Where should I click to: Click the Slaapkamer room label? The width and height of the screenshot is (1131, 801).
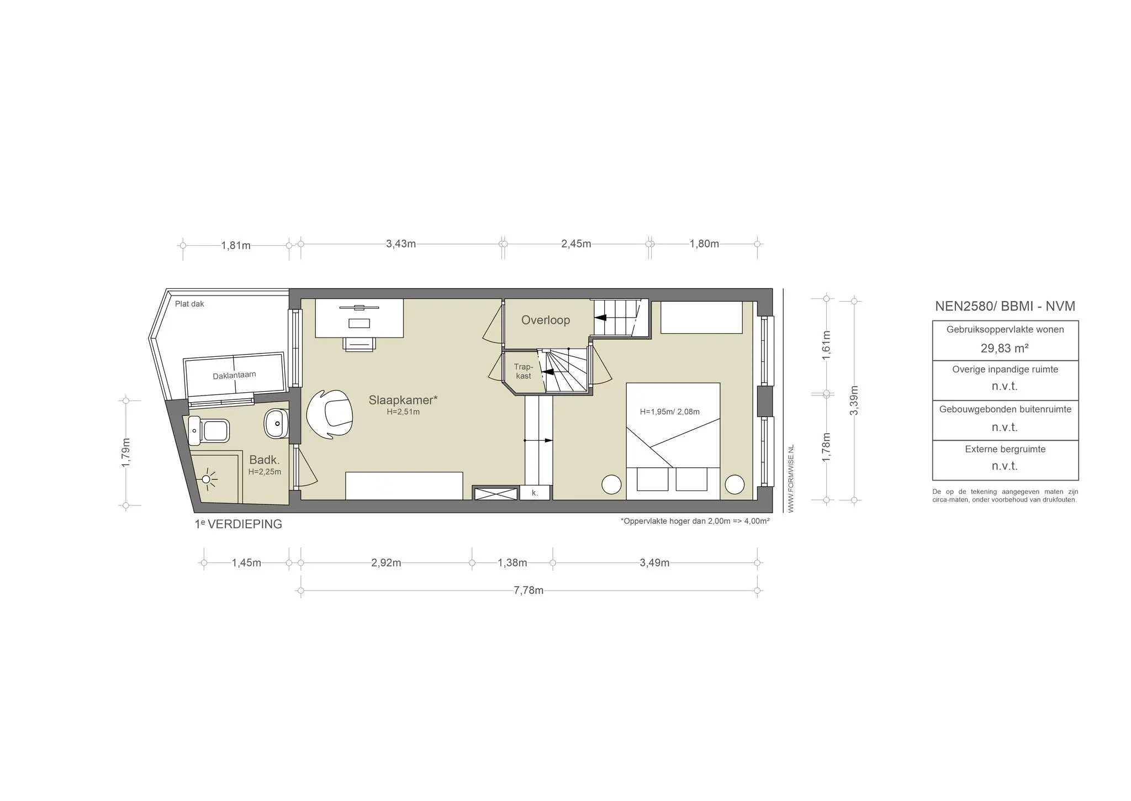(403, 400)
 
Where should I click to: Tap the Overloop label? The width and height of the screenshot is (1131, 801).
(546, 320)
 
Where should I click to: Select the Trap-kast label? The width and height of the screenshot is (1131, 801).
(524, 371)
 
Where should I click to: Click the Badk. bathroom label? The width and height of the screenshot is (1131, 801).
(265, 460)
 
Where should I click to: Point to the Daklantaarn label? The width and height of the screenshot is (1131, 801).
(234, 376)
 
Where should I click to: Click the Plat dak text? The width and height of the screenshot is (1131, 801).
(189, 304)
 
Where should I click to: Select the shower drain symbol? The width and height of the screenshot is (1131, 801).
(207, 478)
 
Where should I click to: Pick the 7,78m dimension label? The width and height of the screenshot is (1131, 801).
(528, 591)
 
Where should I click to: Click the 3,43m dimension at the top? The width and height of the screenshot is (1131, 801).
(401, 244)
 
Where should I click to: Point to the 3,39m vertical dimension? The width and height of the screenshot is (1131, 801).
(854, 400)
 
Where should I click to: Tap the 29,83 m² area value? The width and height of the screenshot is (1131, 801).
(1005, 348)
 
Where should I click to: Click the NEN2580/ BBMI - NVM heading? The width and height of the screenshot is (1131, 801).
(1005, 306)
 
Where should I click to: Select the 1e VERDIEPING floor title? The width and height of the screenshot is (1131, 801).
(239, 524)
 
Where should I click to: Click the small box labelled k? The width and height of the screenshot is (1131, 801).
(535, 493)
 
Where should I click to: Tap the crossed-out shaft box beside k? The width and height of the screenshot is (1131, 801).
(496, 493)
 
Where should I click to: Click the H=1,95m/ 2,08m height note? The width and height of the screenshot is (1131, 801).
(669, 412)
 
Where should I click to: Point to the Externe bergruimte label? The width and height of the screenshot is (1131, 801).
(1005, 449)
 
